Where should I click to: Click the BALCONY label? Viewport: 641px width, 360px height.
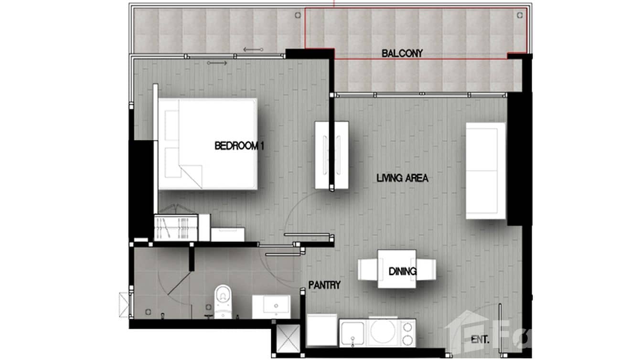[x=402, y=53]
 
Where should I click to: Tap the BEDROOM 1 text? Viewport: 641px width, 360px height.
[x=239, y=146]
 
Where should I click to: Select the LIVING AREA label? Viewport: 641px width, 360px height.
[x=402, y=179]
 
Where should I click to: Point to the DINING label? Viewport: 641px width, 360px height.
[x=402, y=272]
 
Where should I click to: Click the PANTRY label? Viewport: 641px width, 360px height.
[x=324, y=286]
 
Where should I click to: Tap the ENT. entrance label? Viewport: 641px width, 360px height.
[x=480, y=340]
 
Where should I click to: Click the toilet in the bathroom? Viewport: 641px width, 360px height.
[x=223, y=301]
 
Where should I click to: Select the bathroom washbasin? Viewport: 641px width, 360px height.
[x=271, y=306]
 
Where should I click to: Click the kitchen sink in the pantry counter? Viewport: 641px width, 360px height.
[x=353, y=333]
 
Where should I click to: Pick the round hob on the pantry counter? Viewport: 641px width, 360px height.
[x=383, y=332]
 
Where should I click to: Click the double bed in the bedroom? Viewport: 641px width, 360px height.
[x=207, y=144]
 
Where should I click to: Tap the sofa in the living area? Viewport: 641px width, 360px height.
[x=485, y=170]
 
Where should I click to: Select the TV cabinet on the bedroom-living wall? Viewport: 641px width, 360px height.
[x=331, y=155]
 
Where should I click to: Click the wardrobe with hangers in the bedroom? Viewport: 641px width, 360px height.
[x=175, y=228]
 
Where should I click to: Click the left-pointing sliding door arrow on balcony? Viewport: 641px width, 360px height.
[x=253, y=49]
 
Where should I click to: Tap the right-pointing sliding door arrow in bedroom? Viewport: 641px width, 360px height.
[x=217, y=63]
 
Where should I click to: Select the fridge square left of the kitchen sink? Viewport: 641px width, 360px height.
[x=321, y=330]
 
